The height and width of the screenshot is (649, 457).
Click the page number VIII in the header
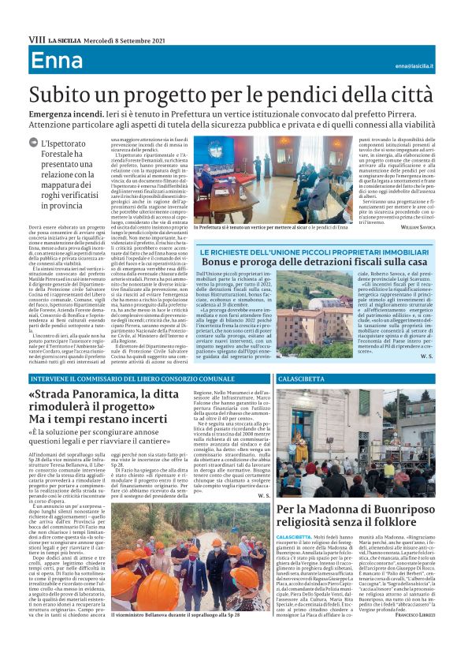pos(36,39)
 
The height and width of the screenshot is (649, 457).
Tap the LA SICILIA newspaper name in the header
pos(64,39)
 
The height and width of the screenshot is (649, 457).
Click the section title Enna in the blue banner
pos(57,62)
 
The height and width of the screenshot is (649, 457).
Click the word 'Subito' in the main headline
pos(69,96)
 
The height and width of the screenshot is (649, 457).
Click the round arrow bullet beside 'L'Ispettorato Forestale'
pos(35,143)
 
